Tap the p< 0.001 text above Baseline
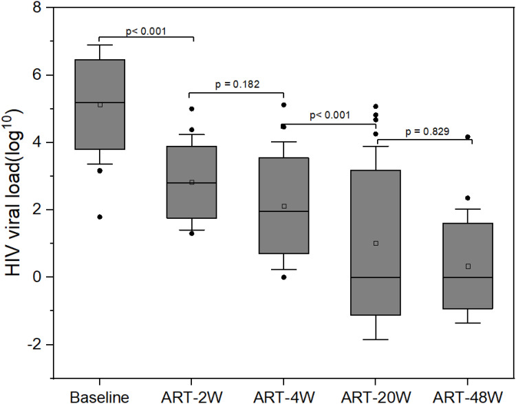point(145,31)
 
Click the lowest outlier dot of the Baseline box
point(100,217)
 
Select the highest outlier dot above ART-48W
point(468,137)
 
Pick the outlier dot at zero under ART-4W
point(283,277)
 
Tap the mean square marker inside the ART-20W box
point(376,243)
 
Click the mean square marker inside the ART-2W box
point(192,182)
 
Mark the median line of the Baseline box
point(100,103)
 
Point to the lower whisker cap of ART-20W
point(376,339)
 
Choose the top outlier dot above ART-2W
point(192,109)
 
